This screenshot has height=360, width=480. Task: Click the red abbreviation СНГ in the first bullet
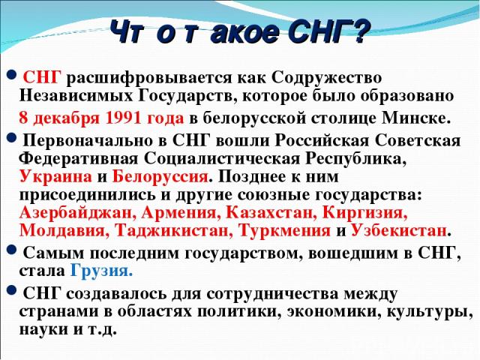[42, 77]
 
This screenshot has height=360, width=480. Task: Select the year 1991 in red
[123, 118]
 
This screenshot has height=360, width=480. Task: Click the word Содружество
[326, 78]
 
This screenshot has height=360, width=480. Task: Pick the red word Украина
[55, 177]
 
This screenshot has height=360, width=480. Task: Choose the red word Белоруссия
[160, 177]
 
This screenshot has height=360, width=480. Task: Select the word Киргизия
[365, 213]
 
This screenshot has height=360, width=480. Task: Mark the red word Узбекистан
[398, 230]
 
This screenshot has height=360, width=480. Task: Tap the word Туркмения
[285, 230]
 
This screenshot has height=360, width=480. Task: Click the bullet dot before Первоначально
[11, 138]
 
